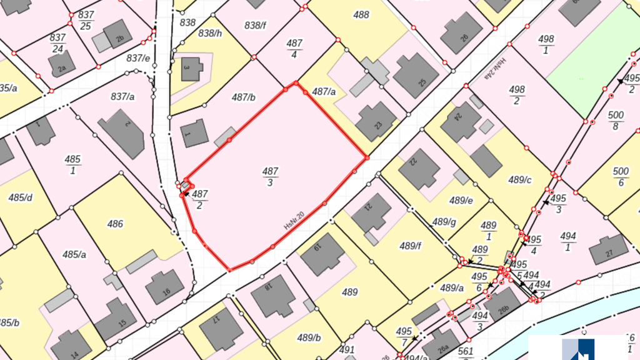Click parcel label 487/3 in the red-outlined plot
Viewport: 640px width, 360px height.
[270, 176]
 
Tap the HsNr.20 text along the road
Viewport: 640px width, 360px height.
[294, 221]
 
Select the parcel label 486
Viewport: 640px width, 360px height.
[115, 224]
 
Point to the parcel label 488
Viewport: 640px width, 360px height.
[361, 15]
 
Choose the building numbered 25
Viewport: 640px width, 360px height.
[416, 76]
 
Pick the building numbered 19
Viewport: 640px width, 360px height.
[322, 254]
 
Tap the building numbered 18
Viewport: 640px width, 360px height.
[273, 294]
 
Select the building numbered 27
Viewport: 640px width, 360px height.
[608, 249]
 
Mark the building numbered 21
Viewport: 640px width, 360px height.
[371, 213]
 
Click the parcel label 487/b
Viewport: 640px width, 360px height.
[244, 97]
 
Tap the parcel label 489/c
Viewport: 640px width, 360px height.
[519, 180]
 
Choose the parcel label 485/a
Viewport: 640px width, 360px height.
[74, 254]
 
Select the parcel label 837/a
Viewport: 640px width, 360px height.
[123, 96]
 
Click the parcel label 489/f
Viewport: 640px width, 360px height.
[411, 246]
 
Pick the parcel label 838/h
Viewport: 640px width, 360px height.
[210, 34]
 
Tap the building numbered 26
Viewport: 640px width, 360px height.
[461, 33]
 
